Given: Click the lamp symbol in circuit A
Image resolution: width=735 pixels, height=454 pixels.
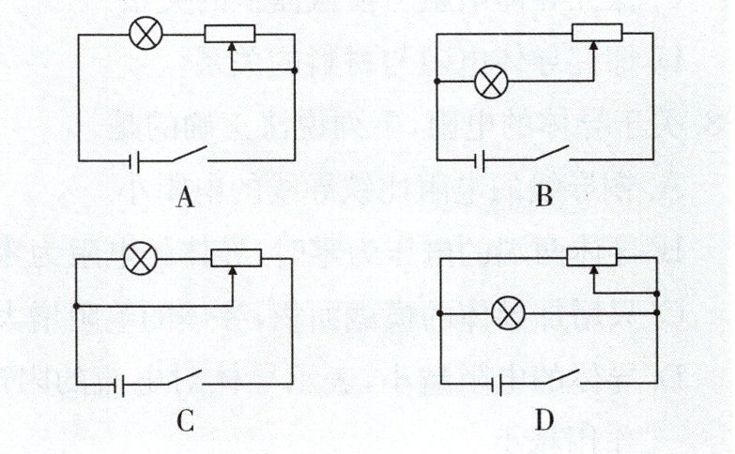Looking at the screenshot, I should pyautogui.click(x=145, y=35).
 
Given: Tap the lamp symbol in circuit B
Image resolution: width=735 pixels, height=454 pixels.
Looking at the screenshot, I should pyautogui.click(x=490, y=83).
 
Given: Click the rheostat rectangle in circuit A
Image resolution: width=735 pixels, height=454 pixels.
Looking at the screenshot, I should pyautogui.click(x=231, y=35).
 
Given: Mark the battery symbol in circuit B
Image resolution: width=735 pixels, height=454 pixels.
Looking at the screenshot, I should pyautogui.click(x=482, y=161).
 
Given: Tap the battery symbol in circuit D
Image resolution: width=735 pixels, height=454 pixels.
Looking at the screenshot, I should pyautogui.click(x=506, y=384).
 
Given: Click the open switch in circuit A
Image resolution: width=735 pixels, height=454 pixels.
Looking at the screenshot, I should pyautogui.click(x=188, y=155).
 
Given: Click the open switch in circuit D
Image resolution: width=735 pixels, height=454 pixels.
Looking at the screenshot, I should pyautogui.click(x=566, y=378).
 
